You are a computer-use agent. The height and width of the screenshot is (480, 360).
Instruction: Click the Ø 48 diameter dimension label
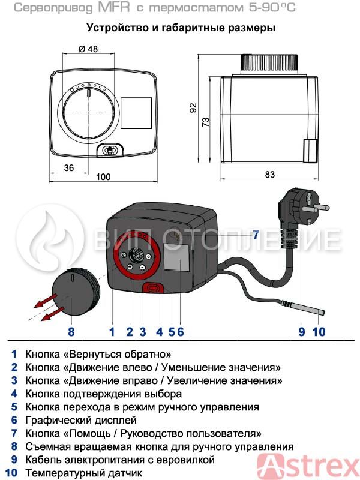88,49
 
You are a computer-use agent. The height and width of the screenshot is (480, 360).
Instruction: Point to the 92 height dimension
193,108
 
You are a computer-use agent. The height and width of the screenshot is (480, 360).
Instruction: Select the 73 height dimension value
206,122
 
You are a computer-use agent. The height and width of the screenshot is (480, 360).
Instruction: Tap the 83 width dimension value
269,175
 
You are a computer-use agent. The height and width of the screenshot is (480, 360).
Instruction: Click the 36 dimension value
69,168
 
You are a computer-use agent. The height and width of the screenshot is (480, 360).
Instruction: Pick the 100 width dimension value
103,177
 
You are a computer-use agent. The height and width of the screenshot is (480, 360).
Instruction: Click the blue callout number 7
256,235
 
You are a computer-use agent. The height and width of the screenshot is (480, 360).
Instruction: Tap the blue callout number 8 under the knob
71,332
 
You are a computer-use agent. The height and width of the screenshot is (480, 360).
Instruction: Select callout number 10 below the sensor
319,332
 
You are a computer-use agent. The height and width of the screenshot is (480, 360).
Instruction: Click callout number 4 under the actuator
160,332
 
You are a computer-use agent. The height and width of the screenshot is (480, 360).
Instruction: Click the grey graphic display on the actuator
177,258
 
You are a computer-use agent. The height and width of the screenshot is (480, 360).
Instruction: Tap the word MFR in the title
114,7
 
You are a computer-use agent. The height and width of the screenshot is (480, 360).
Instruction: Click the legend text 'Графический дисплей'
81,420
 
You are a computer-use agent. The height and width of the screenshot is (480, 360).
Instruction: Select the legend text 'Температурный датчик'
83,473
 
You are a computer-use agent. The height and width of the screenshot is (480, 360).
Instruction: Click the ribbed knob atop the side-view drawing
269,64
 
